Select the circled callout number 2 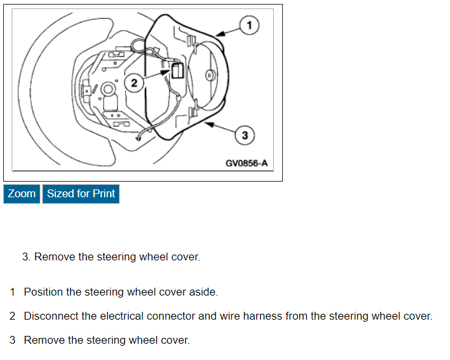pos(134,83)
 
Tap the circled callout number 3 pos(245,135)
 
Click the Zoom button pos(22,194)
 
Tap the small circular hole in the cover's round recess pos(209,76)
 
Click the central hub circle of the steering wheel pos(109,89)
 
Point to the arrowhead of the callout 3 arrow pos(206,122)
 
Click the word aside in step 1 pos(203,292)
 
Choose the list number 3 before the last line pos(12,340)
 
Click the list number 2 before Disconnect pos(12,316)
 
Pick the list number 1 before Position pos(12,292)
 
